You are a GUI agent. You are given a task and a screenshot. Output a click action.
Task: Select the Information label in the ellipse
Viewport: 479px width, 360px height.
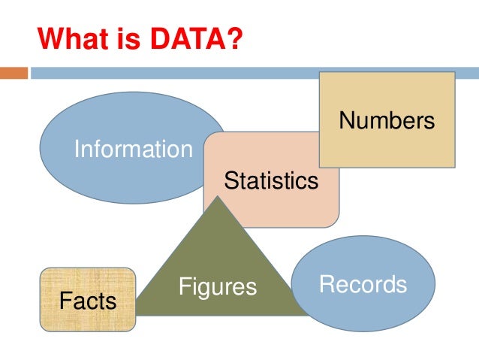[x=133, y=150]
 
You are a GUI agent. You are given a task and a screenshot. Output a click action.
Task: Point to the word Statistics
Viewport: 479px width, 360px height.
[x=271, y=180]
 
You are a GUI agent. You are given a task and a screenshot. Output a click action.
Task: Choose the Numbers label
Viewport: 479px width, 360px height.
[x=387, y=120]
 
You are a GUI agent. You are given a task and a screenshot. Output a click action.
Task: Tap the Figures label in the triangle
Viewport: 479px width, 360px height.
[x=217, y=286]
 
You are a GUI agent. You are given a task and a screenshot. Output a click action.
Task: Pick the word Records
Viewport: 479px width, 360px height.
[x=363, y=284]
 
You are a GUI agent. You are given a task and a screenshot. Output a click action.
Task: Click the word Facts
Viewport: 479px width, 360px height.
[x=88, y=301]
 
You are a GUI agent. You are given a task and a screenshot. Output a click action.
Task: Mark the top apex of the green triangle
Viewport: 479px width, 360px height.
[x=218, y=198]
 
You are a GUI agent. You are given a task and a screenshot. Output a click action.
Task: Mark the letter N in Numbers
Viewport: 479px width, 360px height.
[x=345, y=120]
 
